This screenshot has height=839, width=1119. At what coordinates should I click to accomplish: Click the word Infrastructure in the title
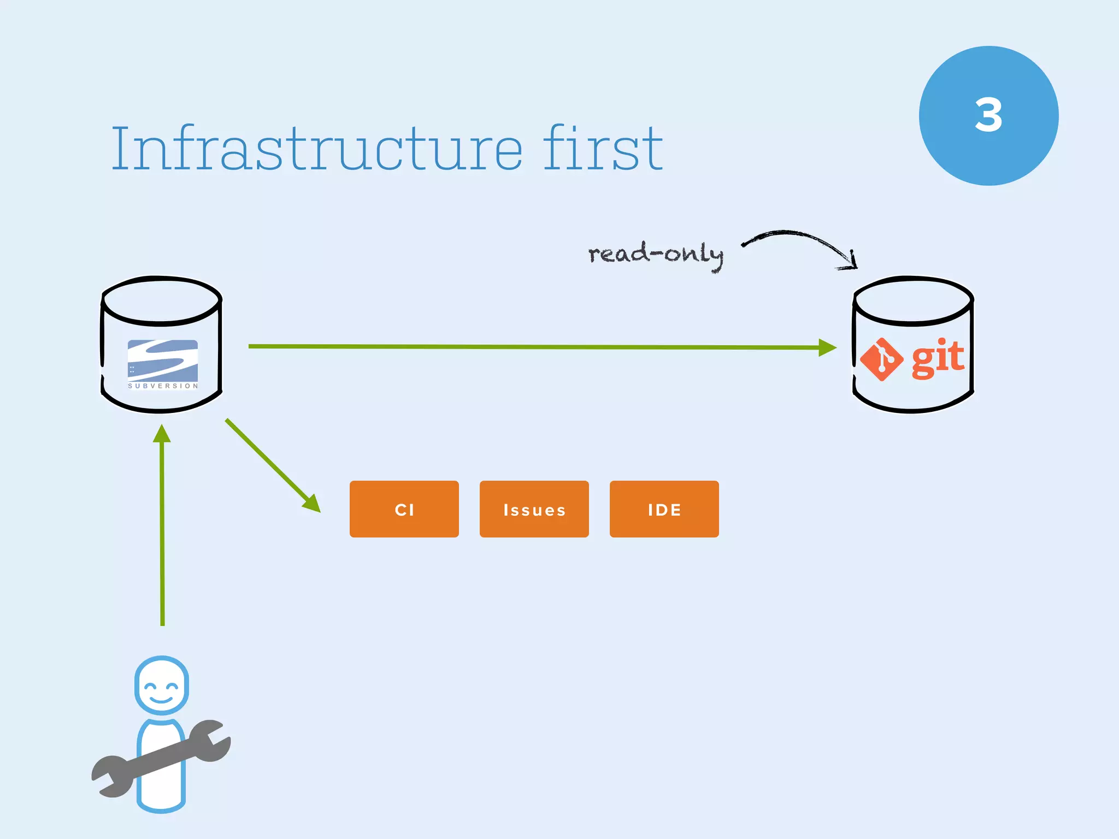pyautogui.click(x=317, y=149)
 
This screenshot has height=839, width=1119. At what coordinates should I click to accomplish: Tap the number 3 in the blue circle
pyautogui.click(x=988, y=115)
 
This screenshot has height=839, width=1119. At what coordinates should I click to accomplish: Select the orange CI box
pyautogui.click(x=404, y=509)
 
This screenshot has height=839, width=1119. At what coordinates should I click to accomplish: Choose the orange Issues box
pyautogui.click(x=534, y=509)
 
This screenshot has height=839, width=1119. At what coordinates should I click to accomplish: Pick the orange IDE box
pyautogui.click(x=664, y=509)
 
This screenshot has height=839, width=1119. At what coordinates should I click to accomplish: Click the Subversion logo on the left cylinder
pyautogui.click(x=163, y=361)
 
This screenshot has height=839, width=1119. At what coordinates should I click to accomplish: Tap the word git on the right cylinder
pyautogui.click(x=938, y=358)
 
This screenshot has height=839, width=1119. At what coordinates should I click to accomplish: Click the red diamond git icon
pyautogui.click(x=881, y=359)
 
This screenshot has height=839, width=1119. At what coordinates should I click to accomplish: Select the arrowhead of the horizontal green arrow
pyautogui.click(x=827, y=347)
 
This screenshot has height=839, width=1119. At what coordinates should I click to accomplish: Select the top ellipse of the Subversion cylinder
pyautogui.click(x=162, y=300)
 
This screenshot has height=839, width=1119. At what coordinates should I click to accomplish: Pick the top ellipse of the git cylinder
pyautogui.click(x=913, y=300)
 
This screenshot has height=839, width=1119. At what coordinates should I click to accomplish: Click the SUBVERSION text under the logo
pyautogui.click(x=163, y=386)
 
